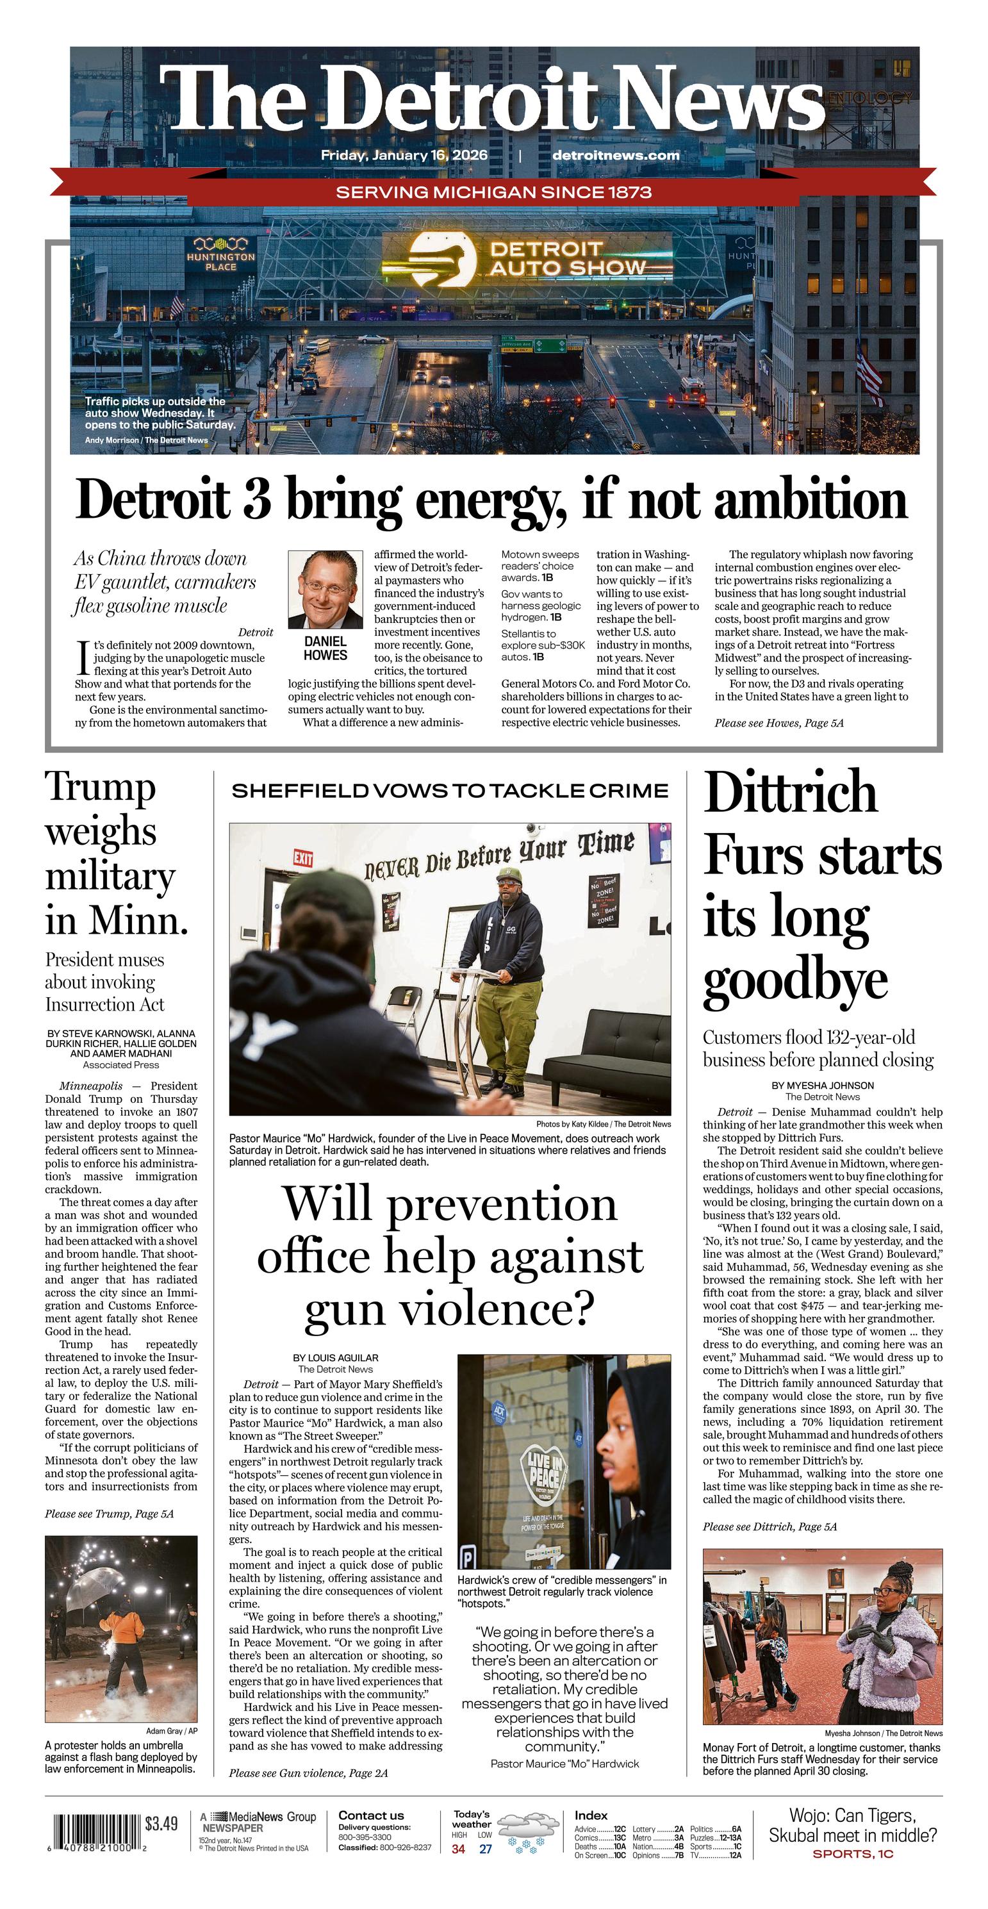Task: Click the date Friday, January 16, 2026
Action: [404, 155]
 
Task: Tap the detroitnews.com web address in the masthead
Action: [615, 155]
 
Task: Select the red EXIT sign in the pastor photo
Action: [302, 858]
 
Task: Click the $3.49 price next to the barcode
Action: [161, 1824]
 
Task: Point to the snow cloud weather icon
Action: [529, 1832]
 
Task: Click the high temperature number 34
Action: [459, 1849]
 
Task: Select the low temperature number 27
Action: [486, 1849]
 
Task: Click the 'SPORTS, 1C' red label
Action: [852, 1854]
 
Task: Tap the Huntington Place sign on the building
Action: [221, 255]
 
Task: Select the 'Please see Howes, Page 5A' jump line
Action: [778, 723]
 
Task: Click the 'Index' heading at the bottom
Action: [591, 1815]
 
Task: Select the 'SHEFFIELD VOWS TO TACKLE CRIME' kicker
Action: [450, 791]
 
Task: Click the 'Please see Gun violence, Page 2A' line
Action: [308, 1773]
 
